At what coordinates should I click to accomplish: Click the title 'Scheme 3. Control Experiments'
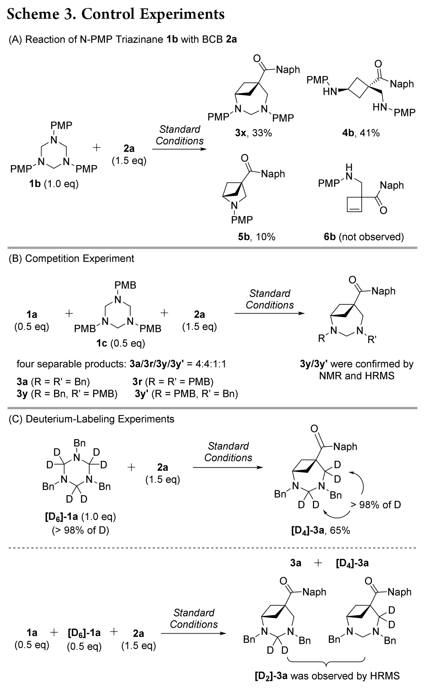coord(116,14)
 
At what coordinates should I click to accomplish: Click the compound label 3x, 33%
coord(253,133)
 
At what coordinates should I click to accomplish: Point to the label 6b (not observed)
coord(363,237)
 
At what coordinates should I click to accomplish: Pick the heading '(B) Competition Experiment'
coord(72,259)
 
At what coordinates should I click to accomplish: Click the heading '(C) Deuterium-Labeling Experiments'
coord(92,419)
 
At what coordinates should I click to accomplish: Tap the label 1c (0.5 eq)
coord(120,343)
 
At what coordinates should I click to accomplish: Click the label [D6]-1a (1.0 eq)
coord(80,517)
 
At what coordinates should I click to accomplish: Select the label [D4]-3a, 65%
coord(321,531)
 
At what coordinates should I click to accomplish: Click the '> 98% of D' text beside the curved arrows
coord(375,505)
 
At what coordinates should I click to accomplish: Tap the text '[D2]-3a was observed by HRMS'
coord(327,676)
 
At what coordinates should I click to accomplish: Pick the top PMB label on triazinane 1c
coord(125,285)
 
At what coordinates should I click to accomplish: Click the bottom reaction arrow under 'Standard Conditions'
coord(193,633)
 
